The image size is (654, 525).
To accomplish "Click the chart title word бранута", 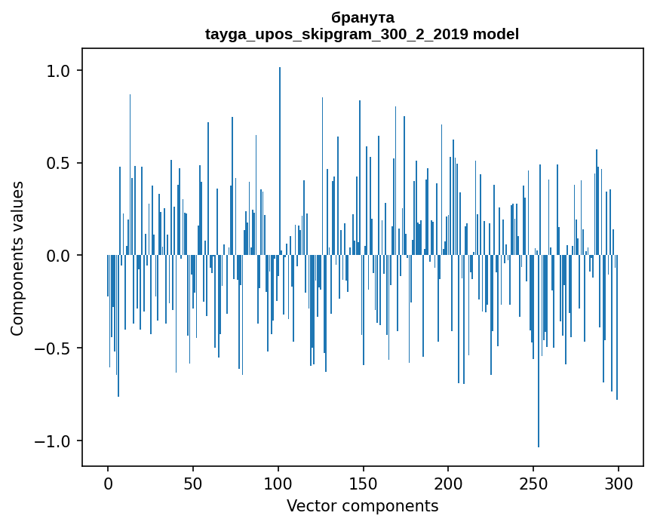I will pyautogui.click(x=362, y=17).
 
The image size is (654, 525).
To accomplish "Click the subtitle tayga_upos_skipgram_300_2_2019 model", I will pyautogui.click(x=362, y=34).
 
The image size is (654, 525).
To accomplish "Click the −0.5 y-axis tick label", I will pyautogui.click(x=54, y=348).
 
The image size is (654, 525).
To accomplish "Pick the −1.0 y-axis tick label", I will pyautogui.click(x=54, y=441).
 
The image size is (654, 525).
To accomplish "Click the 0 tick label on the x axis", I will pyautogui.click(x=108, y=484).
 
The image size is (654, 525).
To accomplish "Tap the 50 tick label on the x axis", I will pyautogui.click(x=193, y=484).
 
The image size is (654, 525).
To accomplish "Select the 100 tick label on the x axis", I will pyautogui.click(x=278, y=484).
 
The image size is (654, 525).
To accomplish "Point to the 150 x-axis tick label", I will pyautogui.click(x=364, y=484).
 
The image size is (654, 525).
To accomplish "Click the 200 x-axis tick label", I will pyautogui.click(x=449, y=484).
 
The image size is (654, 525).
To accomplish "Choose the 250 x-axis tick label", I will pyautogui.click(x=533, y=484).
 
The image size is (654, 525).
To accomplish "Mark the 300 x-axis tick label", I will pyautogui.click(x=619, y=484).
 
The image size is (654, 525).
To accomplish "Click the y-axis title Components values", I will pyautogui.click(x=17, y=258).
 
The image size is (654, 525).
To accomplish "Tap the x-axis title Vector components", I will pyautogui.click(x=362, y=506).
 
